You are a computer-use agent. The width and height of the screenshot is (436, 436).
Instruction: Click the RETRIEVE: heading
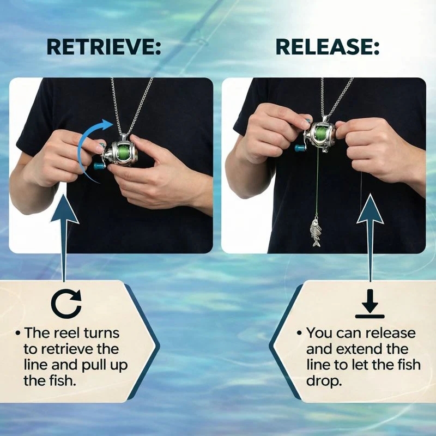(103, 47)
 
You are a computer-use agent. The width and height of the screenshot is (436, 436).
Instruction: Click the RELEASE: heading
(327, 47)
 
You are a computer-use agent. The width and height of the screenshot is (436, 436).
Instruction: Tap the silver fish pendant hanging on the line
(316, 232)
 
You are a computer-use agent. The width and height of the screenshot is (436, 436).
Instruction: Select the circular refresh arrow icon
(66, 304)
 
